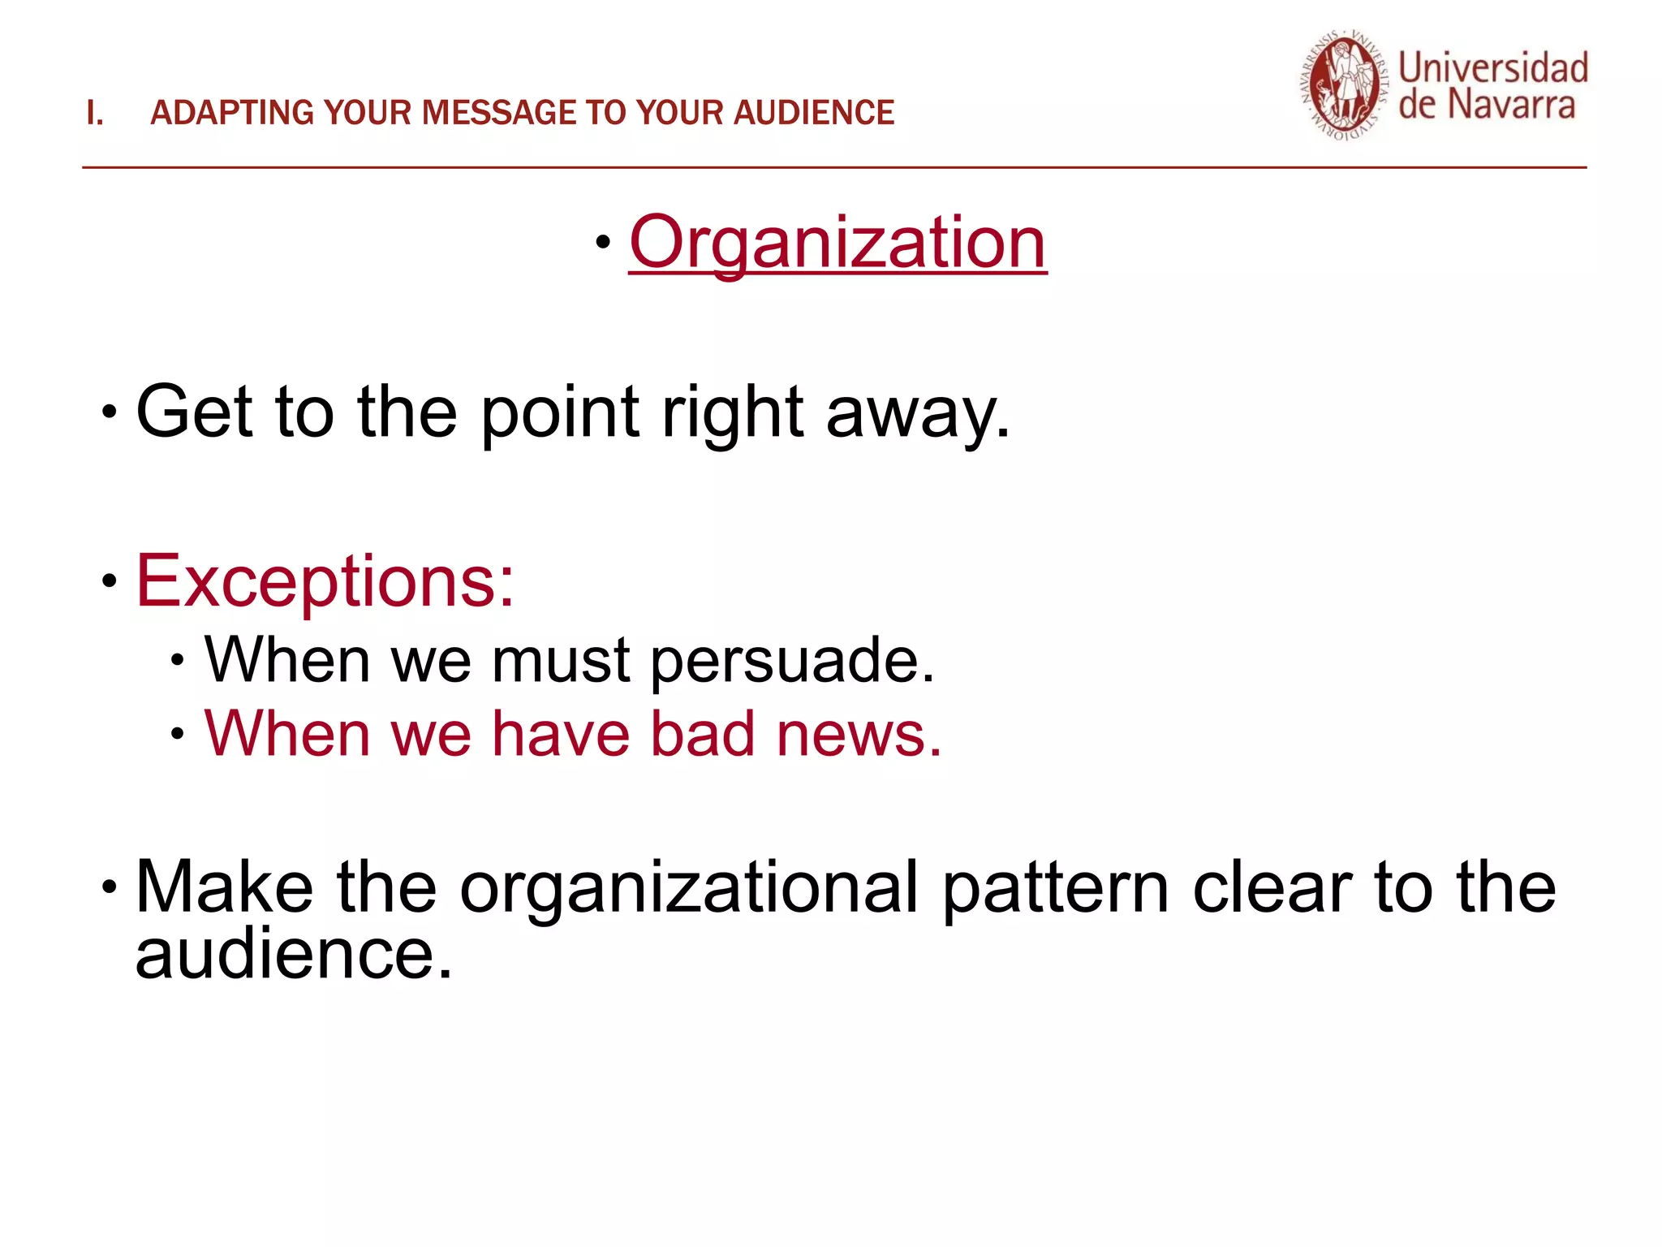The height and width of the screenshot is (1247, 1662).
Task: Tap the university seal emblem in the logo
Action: tap(1344, 86)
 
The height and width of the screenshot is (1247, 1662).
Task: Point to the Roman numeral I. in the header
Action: tap(94, 113)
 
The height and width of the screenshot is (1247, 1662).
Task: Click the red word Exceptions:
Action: tap(325, 580)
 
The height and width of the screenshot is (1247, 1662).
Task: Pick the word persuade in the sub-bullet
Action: tap(792, 661)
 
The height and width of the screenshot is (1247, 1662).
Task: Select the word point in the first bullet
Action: tap(560, 412)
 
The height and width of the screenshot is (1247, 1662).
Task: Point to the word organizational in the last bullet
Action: tap(689, 888)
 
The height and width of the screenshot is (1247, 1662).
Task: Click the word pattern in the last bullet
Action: tap(1056, 888)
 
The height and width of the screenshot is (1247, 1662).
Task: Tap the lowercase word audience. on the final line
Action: tap(293, 955)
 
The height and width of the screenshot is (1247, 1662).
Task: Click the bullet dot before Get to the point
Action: tap(110, 412)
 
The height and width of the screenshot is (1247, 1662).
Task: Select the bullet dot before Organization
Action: tap(602, 241)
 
